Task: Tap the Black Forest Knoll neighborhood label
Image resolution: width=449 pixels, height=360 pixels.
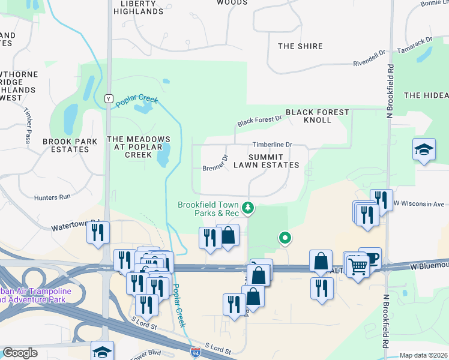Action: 317,116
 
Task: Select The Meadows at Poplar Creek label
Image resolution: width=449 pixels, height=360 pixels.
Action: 139,146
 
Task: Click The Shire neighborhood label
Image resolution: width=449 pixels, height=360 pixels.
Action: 300,46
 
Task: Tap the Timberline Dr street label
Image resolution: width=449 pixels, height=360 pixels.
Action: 272,145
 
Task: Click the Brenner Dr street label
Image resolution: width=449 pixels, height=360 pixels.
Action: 215,163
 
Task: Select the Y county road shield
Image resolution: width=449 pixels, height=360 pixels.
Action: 109,98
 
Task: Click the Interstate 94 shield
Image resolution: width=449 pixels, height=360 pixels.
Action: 196,353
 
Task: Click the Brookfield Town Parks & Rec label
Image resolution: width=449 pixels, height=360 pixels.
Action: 208,209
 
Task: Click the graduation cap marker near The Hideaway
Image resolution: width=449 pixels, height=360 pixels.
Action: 424,150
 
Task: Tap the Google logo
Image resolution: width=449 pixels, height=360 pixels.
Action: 20,353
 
